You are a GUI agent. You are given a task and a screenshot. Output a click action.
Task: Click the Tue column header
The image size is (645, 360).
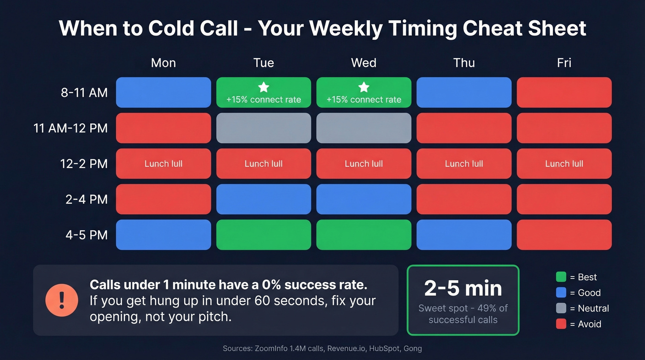pos(264,63)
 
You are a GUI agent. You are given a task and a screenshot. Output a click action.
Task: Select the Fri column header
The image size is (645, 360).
pos(564,63)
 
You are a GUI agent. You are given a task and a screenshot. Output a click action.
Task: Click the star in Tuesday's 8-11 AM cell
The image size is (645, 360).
pos(264,87)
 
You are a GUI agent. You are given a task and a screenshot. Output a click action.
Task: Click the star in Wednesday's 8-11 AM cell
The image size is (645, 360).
pos(364,87)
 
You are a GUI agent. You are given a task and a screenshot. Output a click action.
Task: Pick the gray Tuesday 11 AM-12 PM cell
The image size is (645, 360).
pos(264,128)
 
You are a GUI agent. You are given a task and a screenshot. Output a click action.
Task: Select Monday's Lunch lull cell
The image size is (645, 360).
pos(163,164)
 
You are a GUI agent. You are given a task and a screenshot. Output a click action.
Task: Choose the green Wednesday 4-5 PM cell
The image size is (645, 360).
pos(364,235)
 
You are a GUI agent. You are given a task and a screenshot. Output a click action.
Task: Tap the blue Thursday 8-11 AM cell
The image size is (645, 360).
pos(464,93)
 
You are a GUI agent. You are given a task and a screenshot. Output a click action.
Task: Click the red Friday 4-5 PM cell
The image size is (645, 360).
pos(564,235)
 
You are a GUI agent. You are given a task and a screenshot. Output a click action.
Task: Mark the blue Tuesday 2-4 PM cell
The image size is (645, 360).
pos(264,199)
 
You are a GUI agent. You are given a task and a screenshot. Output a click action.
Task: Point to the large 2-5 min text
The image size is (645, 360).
pos(463,289)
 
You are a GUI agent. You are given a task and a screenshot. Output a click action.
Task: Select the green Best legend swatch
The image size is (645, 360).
pos(561,277)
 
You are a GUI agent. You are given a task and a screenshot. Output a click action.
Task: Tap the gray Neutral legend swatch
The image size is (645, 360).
pos(561,308)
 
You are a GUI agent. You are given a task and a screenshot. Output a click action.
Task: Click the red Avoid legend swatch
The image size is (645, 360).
pos(561,324)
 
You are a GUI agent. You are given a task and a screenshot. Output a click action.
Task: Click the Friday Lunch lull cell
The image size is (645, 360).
pos(564,164)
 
